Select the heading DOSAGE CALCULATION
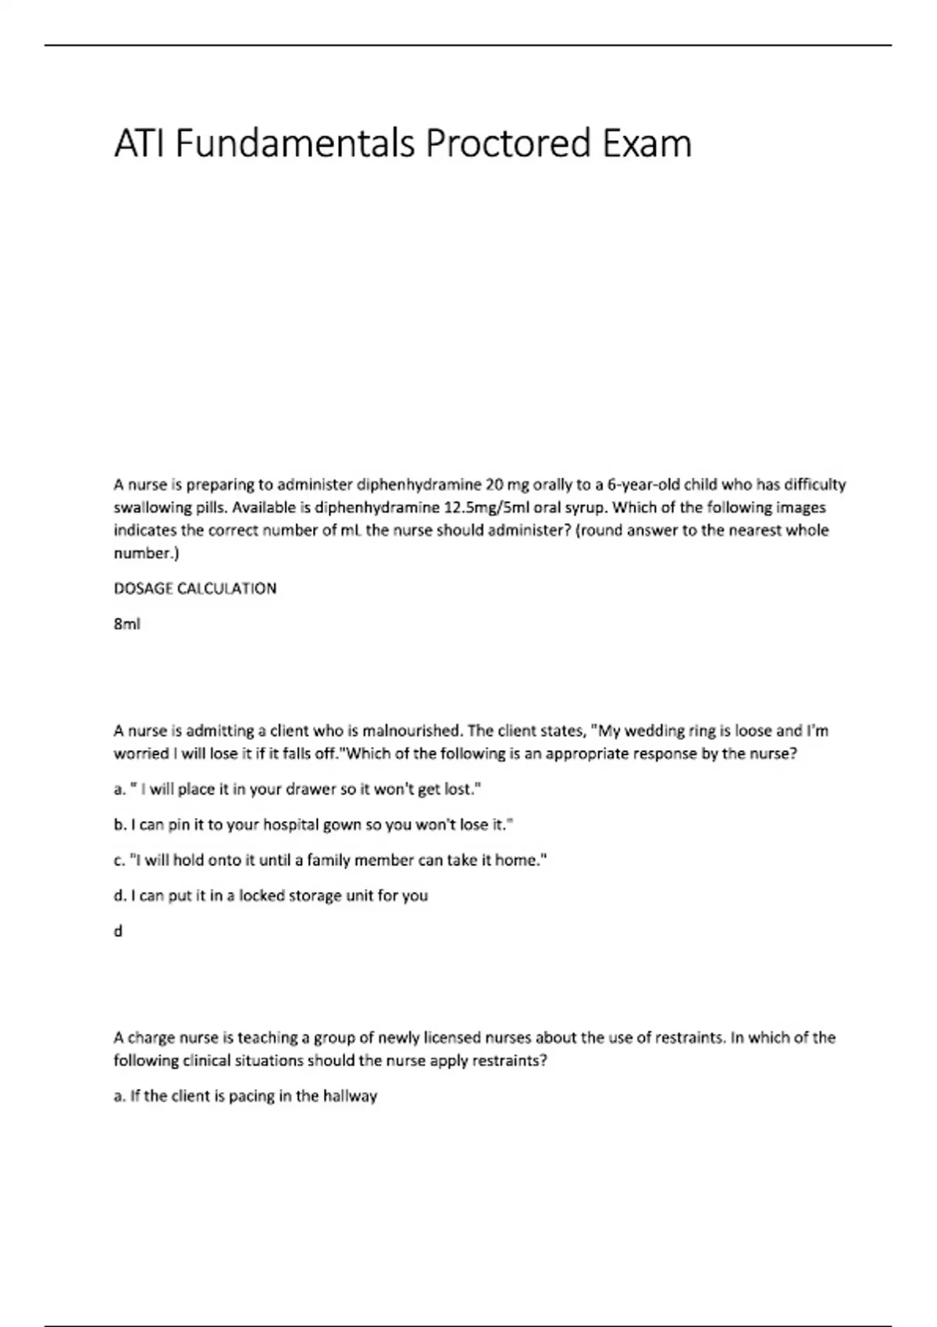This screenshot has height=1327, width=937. tap(195, 589)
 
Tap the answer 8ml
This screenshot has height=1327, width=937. tap(127, 624)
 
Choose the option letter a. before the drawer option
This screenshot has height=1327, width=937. tap(119, 789)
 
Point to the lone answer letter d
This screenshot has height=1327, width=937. tap(118, 931)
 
